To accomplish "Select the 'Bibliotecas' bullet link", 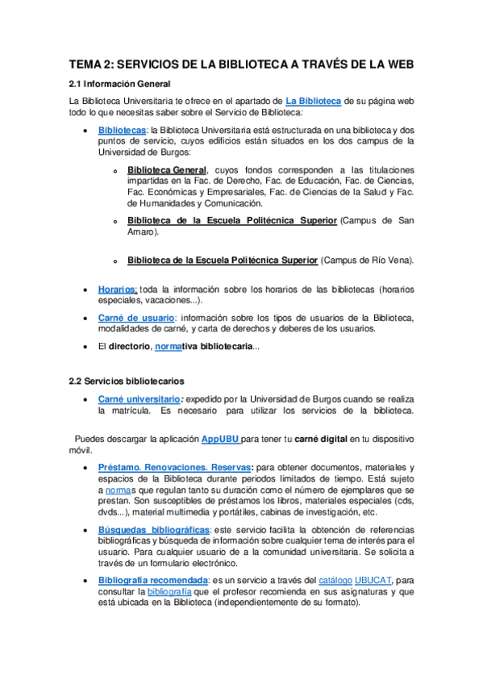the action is coord(122,130).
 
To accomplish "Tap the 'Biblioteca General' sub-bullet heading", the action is coord(167,170).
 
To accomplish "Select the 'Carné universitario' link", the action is coord(139,398).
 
